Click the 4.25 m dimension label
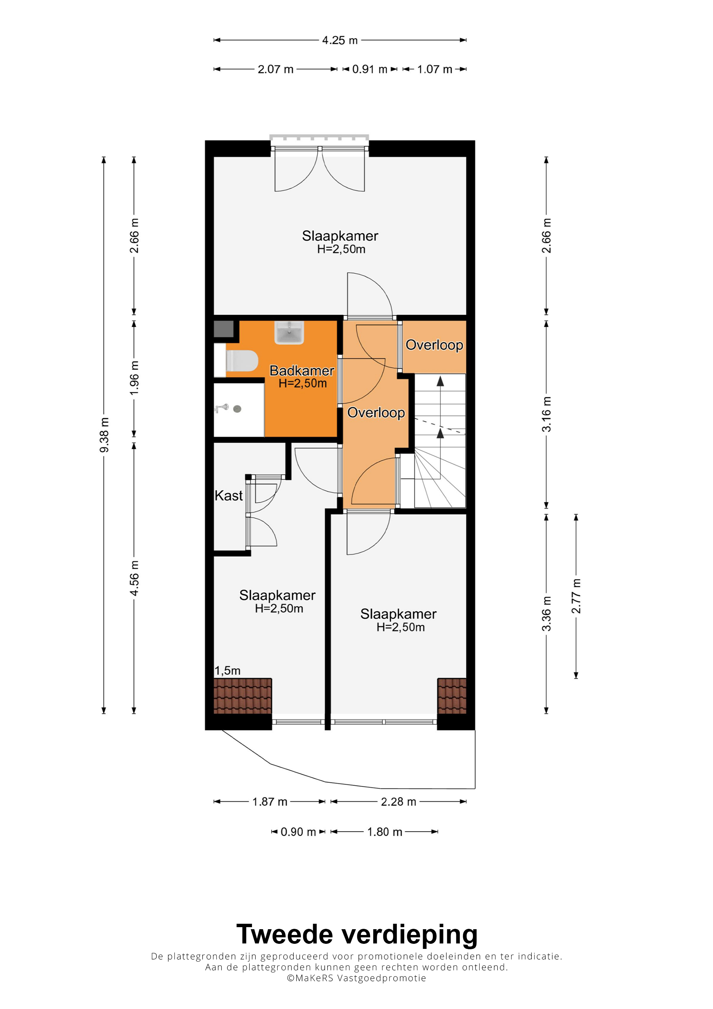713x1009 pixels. (340, 40)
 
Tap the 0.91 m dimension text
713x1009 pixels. (369, 69)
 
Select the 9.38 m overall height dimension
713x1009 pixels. (104, 435)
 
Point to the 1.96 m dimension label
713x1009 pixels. (134, 378)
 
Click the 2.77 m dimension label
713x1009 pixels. (576, 596)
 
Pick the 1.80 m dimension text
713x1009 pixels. (385, 832)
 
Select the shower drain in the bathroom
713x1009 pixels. (237, 409)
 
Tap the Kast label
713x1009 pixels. (228, 496)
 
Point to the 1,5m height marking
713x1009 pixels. (227, 671)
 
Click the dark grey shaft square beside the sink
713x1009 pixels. (224, 329)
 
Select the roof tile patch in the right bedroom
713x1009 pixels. (452, 696)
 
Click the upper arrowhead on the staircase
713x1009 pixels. (440, 381)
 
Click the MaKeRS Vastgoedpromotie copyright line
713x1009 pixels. (357, 978)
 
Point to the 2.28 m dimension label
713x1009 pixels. (399, 802)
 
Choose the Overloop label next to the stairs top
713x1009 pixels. (434, 345)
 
